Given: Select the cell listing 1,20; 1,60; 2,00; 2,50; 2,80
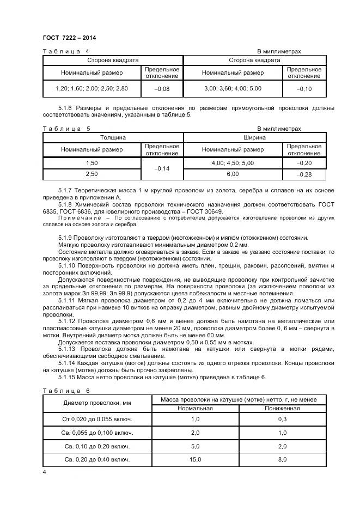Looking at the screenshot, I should [92, 88].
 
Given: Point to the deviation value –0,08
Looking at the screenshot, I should [162, 88].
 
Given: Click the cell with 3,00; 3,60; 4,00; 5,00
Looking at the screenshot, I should [233, 88].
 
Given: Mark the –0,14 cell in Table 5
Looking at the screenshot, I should [162, 169].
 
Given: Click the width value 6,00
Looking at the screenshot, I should [233, 174].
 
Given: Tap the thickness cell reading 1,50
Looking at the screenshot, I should [92, 163].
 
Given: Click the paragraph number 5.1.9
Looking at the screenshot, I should [66, 238].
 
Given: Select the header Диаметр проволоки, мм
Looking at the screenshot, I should [90, 404].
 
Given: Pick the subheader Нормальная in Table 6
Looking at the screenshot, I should [196, 408].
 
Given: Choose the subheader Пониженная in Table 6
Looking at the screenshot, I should [282, 408].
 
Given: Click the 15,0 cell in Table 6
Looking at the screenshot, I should [196, 459].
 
